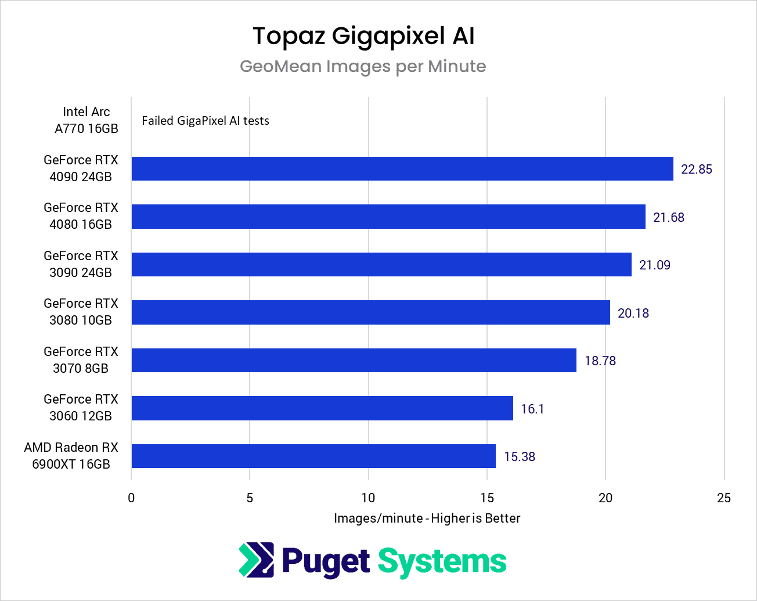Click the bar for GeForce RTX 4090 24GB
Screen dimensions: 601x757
click(402, 168)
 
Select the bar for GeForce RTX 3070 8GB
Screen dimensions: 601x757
click(354, 360)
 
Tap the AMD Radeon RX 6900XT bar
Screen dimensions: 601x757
click(313, 456)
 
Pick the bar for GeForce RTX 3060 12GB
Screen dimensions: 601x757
click(322, 408)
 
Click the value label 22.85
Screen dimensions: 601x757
click(696, 169)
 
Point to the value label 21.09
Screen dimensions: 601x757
click(654, 265)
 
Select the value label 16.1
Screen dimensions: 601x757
click(532, 409)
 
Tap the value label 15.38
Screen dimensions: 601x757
click(519, 456)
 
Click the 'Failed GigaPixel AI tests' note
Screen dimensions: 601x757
click(206, 121)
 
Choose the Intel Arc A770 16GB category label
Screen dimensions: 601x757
click(86, 120)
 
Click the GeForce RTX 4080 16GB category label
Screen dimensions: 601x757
click(81, 216)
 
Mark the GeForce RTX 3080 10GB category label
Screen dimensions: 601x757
click(81, 312)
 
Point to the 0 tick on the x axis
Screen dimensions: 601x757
click(131, 498)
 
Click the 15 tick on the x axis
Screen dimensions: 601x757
click(487, 498)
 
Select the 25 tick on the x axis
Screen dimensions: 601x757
click(724, 498)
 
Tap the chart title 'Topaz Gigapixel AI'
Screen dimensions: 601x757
click(363, 36)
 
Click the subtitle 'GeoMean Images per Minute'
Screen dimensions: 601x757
click(363, 66)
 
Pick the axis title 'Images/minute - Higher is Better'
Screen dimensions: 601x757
click(427, 518)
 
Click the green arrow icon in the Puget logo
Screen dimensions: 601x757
click(256, 560)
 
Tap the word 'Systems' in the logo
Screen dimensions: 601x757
click(442, 562)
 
